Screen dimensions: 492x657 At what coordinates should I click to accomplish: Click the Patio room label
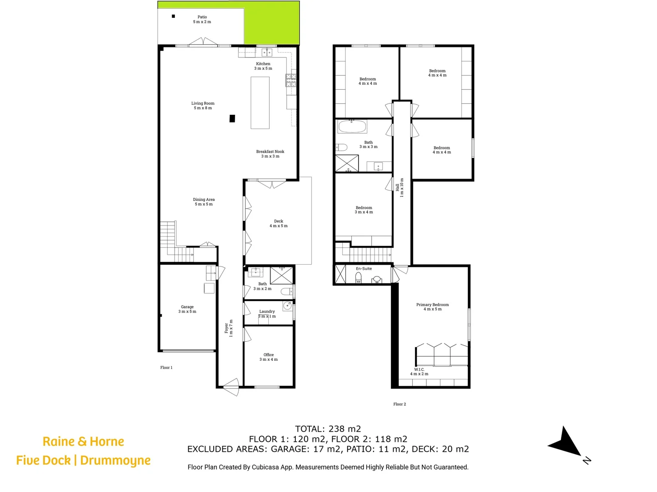coord(202,19)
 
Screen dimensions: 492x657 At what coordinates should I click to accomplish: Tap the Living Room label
coord(203,106)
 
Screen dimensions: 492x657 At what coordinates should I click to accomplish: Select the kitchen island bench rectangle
coord(260,103)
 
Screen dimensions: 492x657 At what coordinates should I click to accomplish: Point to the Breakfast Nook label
coord(270,154)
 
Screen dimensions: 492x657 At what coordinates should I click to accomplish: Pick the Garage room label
coord(187,309)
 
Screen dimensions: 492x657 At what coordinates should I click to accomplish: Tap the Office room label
coord(268,357)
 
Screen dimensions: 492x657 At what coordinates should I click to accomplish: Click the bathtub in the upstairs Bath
coord(352,127)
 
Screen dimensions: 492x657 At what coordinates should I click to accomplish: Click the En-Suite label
coord(364,269)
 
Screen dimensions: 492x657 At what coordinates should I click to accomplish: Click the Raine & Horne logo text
coord(83,441)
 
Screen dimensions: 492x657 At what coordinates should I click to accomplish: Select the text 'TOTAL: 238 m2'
coord(328,429)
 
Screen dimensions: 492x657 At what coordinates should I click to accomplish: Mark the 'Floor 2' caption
coord(400,404)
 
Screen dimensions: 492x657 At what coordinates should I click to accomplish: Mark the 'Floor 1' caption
coord(166,368)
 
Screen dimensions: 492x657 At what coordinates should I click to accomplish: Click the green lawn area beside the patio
coord(272,23)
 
